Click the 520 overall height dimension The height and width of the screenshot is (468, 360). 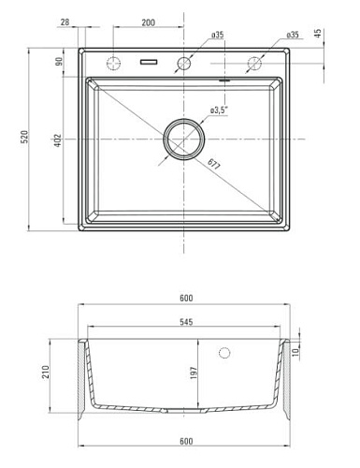24,137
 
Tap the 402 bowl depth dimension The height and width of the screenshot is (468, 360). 58,140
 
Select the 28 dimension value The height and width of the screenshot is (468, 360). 65,22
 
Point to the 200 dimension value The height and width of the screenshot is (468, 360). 148,22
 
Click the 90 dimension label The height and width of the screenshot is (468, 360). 59,61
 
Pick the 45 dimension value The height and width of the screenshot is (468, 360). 317,34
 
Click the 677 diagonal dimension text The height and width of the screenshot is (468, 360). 214,164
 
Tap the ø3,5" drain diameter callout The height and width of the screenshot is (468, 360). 220,110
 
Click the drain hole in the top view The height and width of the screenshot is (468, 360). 184,139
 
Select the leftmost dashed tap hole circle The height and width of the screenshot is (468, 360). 113,64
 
